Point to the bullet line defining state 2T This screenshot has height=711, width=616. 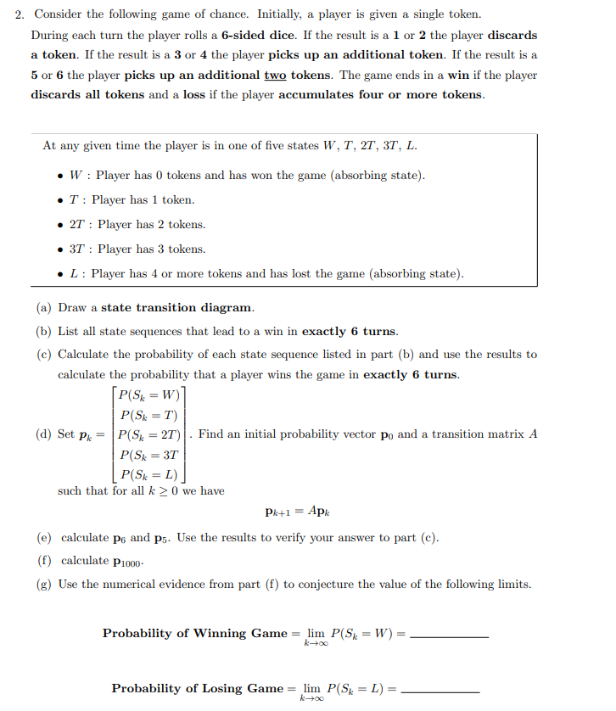click(137, 225)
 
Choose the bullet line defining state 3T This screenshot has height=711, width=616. click(137, 249)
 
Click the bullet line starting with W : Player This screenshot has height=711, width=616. click(247, 176)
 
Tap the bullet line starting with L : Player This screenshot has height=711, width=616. click(266, 274)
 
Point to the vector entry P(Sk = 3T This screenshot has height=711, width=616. click(148, 455)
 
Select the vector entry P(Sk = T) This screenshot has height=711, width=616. click(148, 415)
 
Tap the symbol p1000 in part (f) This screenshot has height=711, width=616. click(128, 562)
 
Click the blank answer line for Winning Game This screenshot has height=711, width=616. click(449, 637)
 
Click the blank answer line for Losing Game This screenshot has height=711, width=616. click(440, 692)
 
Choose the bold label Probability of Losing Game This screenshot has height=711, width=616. click(198, 688)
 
